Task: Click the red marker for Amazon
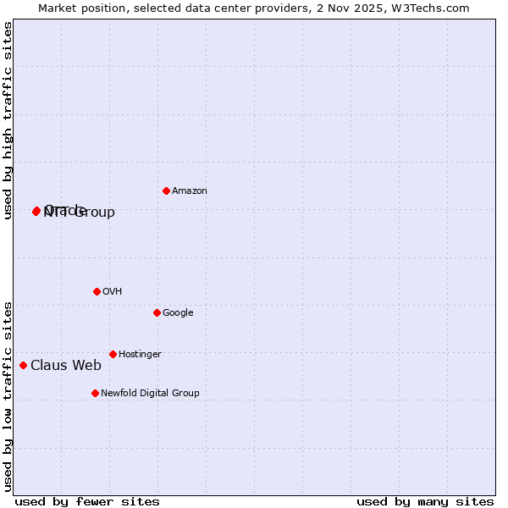click(166, 190)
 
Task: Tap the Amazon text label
click(190, 191)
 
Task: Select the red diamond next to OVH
click(97, 291)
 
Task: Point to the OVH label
click(113, 292)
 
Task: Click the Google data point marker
click(157, 312)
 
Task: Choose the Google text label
click(178, 313)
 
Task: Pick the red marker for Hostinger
click(113, 354)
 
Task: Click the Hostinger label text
click(140, 355)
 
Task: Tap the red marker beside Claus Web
click(23, 365)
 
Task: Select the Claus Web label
click(66, 366)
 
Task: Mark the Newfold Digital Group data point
click(95, 393)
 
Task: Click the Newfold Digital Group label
click(150, 394)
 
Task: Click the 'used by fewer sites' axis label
click(87, 502)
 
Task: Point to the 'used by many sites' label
click(425, 502)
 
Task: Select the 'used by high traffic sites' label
click(8, 120)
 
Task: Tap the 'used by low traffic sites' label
click(8, 395)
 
